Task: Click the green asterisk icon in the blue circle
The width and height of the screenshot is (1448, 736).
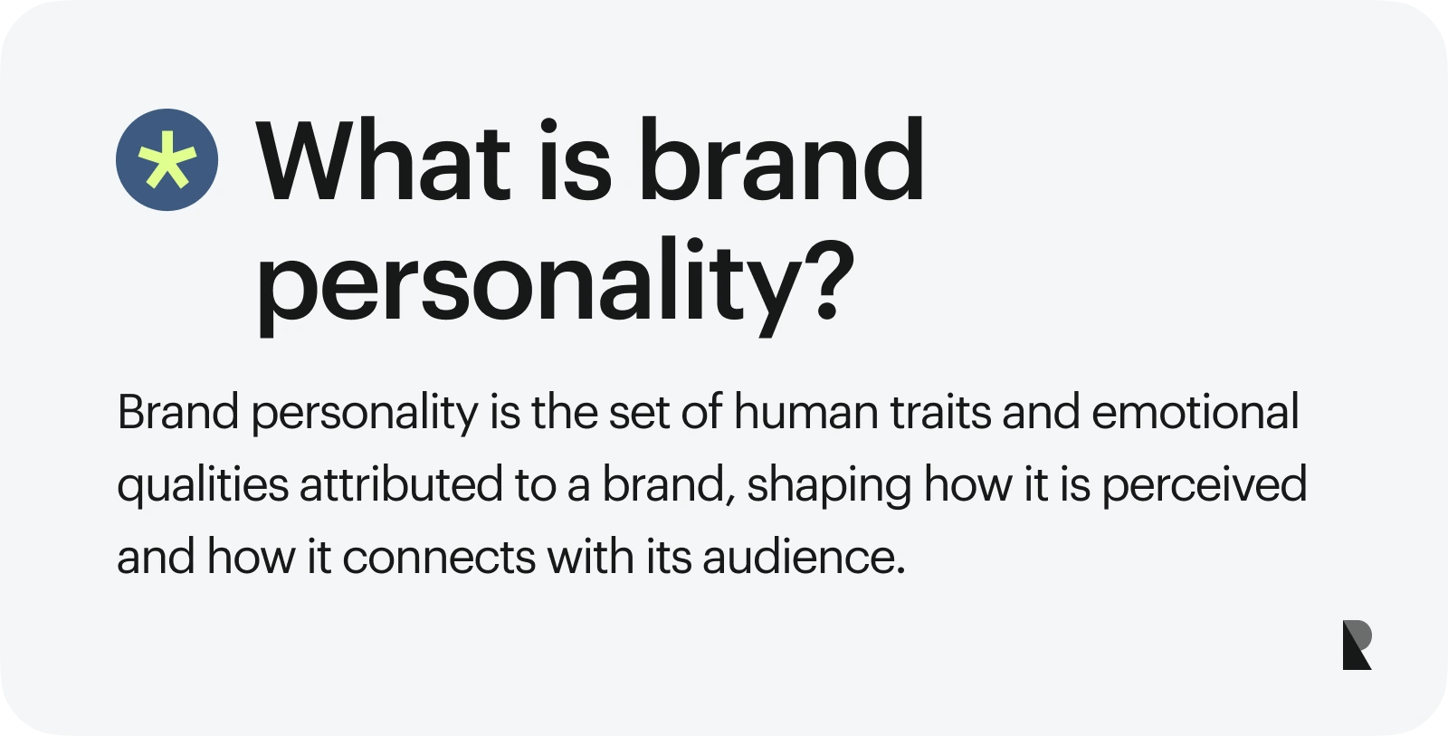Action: (167, 160)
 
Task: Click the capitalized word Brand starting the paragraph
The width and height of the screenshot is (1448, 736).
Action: (178, 413)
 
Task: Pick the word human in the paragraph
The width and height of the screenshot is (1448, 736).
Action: (805, 413)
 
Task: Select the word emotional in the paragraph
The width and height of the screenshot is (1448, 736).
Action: (1196, 413)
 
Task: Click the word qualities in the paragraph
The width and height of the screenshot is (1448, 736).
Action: (202, 485)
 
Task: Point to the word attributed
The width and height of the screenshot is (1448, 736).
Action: (401, 485)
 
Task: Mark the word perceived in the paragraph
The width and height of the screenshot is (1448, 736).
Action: (1204, 485)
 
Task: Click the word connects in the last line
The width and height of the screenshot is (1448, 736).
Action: (439, 558)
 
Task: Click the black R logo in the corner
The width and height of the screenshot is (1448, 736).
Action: (1357, 645)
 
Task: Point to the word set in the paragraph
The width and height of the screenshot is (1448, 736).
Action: (638, 413)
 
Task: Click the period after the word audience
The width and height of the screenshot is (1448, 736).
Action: (900, 570)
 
